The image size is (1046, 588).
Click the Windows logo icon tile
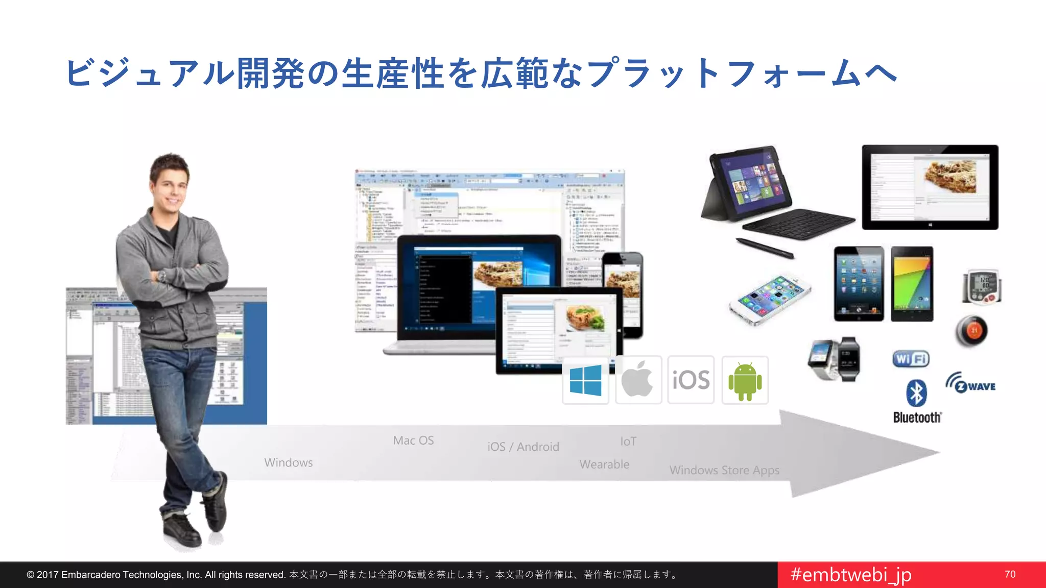pyautogui.click(x=585, y=381)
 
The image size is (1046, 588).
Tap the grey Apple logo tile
pyautogui.click(x=638, y=380)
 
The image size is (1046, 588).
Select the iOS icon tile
pyautogui.click(x=691, y=380)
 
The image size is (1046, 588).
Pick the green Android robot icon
pyautogui.click(x=745, y=381)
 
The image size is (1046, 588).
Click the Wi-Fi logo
pyautogui.click(x=911, y=359)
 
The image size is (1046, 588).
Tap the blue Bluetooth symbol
pyautogui.click(x=916, y=393)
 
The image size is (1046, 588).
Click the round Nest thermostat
pyautogui.click(x=971, y=331)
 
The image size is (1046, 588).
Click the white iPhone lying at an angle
pyautogui.click(x=770, y=299)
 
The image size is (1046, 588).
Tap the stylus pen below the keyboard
pyautogui.click(x=765, y=248)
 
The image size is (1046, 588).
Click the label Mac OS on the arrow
pyautogui.click(x=413, y=440)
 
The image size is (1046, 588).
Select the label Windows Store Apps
pyautogui.click(x=724, y=470)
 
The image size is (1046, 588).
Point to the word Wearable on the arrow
pyautogui.click(x=604, y=464)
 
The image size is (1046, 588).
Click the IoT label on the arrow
pyautogui.click(x=628, y=442)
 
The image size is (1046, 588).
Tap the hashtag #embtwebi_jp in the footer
pyautogui.click(x=850, y=575)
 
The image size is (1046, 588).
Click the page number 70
pyautogui.click(x=1010, y=574)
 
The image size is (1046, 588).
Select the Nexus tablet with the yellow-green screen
pyautogui.click(x=912, y=284)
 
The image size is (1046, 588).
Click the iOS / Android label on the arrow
pyautogui.click(x=523, y=447)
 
